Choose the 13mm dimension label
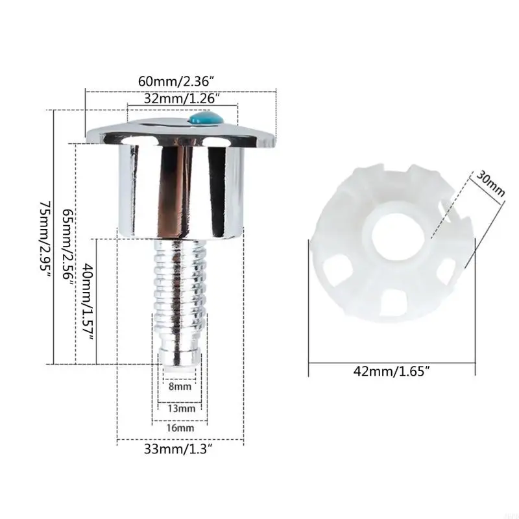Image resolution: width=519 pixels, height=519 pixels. [182, 409]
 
